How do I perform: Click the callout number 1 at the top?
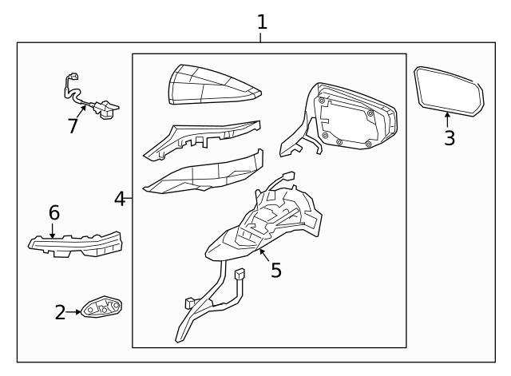pos(263,22)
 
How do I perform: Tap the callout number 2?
pos(61,312)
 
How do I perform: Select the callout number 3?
pos(450,138)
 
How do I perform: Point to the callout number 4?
pos(120,199)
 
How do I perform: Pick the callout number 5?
pos(276,270)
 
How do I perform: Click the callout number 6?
pos(54,212)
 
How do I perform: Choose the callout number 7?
pos(73,126)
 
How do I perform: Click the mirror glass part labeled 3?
pos(449,91)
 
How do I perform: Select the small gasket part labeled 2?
pos(101,307)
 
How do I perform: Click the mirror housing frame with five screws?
pos(339,117)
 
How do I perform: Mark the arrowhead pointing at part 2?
pos(78,312)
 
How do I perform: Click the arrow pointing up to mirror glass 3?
pos(448,120)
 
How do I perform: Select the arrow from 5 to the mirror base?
pos(264,255)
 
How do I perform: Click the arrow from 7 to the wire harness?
pos(81,112)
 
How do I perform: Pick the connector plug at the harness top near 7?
pos(73,77)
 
